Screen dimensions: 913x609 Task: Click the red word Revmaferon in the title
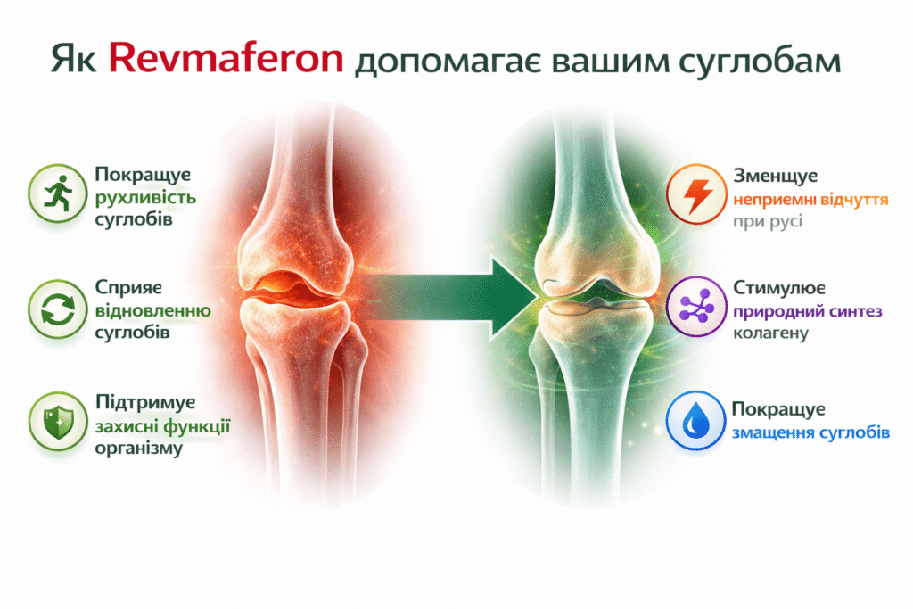point(226,59)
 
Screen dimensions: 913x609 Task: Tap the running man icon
point(58,193)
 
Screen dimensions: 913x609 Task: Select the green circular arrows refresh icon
point(58,309)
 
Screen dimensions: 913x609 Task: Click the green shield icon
point(58,422)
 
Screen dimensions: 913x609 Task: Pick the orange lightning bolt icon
point(696,194)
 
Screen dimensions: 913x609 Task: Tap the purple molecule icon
point(696,307)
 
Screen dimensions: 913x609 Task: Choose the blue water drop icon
point(695,420)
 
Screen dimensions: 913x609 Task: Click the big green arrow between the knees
point(449,298)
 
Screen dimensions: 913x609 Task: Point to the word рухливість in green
point(145,198)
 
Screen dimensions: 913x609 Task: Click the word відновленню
point(153,310)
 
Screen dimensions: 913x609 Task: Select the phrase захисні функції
point(163,427)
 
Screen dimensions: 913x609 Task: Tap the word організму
point(138,449)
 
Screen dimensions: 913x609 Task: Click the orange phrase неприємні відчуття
point(810,201)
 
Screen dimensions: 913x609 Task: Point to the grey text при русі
point(768,222)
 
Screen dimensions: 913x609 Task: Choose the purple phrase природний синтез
point(808,312)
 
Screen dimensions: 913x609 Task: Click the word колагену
point(770,333)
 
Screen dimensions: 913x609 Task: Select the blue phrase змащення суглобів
point(810,433)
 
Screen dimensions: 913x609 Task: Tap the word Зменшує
point(775,176)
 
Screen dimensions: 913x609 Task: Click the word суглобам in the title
point(760,62)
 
